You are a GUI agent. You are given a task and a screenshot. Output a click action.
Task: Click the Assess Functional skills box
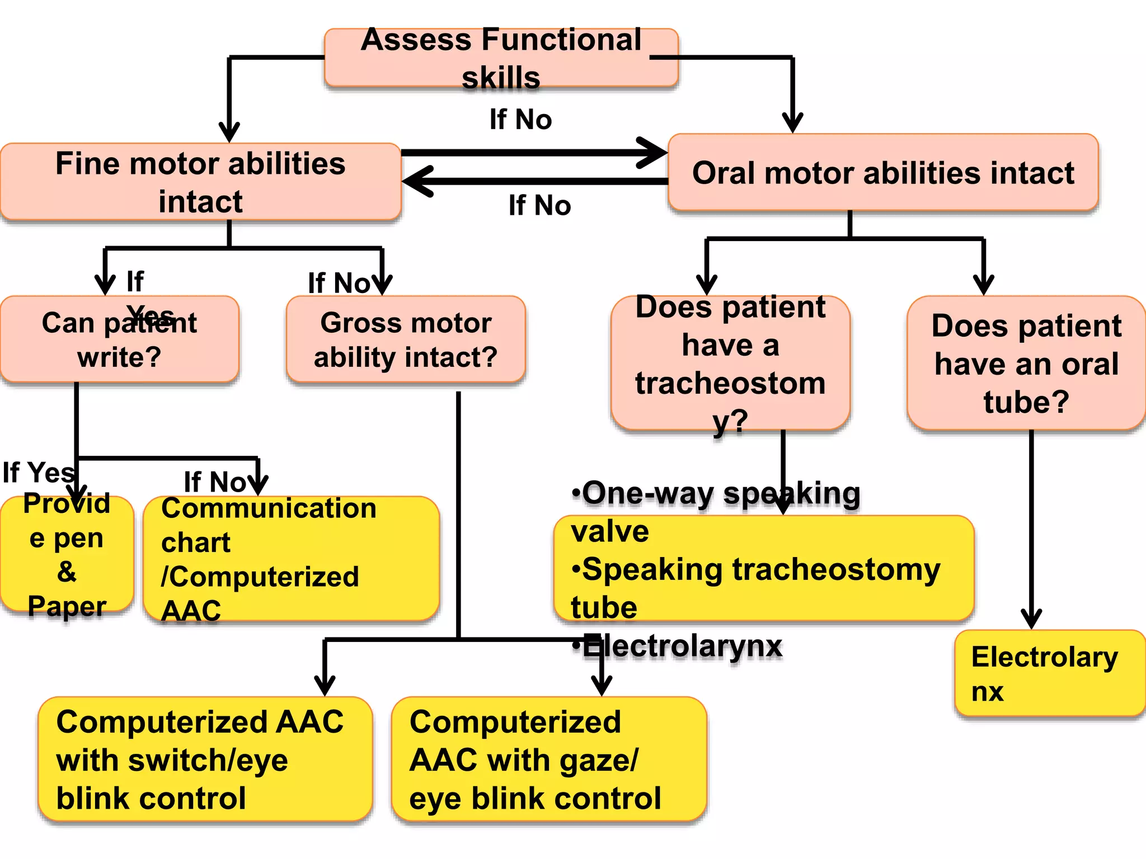(501, 58)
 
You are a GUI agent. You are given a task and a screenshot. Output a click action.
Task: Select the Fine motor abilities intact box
(200, 182)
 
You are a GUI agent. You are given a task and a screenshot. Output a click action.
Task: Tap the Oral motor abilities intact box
(883, 173)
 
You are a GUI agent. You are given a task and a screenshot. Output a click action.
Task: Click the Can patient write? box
(119, 339)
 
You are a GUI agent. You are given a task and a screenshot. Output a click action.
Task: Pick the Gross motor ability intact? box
(405, 339)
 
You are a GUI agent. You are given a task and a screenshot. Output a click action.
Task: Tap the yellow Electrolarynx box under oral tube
(1049, 673)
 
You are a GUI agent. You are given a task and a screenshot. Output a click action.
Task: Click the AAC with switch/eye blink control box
(205, 759)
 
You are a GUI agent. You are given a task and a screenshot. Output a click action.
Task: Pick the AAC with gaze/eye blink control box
(548, 759)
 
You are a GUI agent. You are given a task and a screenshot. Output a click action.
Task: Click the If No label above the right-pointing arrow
(520, 120)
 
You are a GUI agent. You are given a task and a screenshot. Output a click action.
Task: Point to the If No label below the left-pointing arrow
(539, 205)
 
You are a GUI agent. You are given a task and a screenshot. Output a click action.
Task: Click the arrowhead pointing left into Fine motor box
(417, 181)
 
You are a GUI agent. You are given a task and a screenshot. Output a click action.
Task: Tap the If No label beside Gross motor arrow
(339, 283)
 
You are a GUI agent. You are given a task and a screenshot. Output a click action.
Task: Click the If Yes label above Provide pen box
(38, 473)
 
